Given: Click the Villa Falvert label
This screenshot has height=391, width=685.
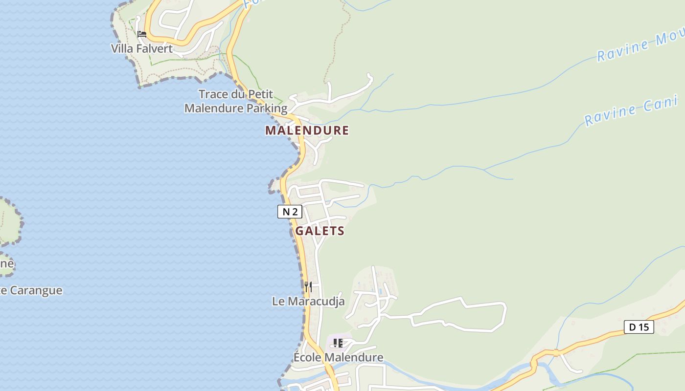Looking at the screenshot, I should [x=142, y=49].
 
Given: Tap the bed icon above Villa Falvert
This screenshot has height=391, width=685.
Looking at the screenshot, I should [x=142, y=34].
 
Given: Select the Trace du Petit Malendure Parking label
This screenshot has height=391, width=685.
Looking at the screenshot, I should [x=235, y=101].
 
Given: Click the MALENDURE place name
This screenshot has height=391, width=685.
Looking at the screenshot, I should [x=307, y=130].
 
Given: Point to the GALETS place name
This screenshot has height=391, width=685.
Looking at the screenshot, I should [x=320, y=231].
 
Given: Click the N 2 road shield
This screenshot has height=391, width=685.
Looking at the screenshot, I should [x=290, y=212].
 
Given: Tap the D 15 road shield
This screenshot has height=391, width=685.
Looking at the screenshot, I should [x=639, y=327].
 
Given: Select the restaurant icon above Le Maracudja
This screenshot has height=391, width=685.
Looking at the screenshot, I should [x=308, y=286].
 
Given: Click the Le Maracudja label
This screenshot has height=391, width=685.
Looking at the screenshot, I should [x=308, y=302].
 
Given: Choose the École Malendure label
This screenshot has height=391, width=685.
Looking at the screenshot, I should [x=338, y=357].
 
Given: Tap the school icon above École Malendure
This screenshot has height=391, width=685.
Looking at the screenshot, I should [x=338, y=343].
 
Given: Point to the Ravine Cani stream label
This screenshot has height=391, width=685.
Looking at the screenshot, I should [x=631, y=111].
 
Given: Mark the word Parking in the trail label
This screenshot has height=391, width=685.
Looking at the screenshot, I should [x=267, y=108].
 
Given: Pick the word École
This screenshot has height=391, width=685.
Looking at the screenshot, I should [x=308, y=357].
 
